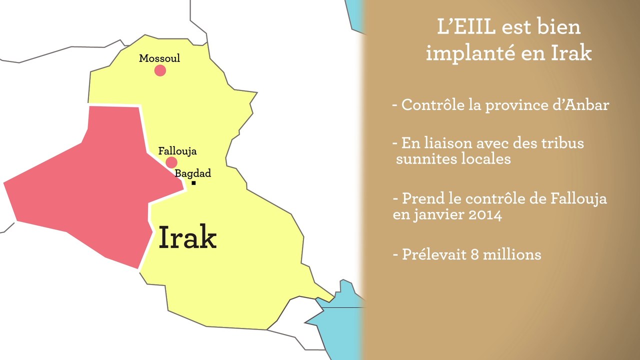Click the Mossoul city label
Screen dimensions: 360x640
159,58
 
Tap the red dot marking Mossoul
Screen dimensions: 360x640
160,70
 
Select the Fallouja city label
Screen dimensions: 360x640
177,151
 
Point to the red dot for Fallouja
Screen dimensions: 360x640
171,162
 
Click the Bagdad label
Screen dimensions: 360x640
192,173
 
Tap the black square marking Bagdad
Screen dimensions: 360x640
193,183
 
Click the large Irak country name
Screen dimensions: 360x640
187,238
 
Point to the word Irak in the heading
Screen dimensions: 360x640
570,53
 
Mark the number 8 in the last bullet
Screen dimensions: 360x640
474,254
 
